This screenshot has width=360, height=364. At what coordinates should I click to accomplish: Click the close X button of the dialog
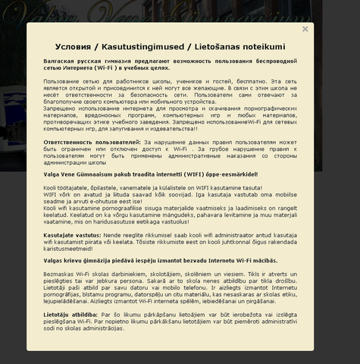[305, 30]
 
